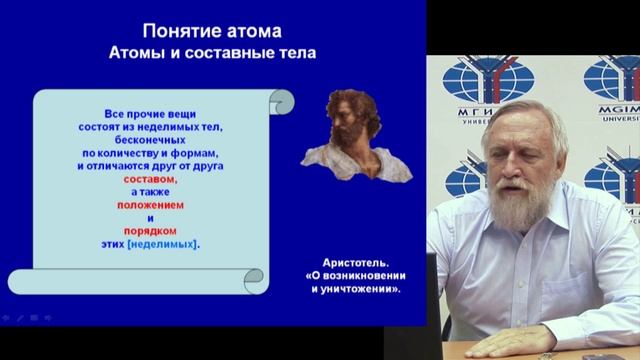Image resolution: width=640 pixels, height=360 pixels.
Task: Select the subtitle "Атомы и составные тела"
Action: click(x=212, y=52)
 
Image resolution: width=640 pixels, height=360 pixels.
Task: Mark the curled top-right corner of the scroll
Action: click(x=282, y=100)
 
